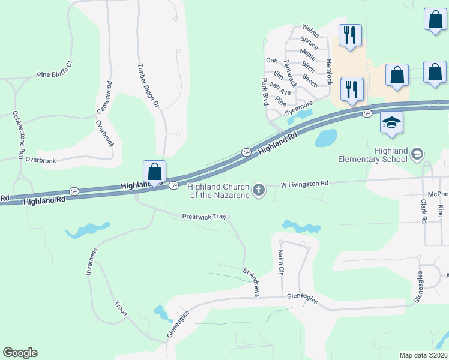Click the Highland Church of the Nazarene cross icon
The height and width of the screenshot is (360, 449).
pyautogui.click(x=259, y=191)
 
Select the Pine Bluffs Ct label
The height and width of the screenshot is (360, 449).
pyautogui.click(x=54, y=70)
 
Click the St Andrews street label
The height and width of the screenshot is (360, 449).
pyautogui.click(x=251, y=282)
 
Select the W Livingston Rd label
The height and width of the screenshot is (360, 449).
pyautogui.click(x=300, y=184)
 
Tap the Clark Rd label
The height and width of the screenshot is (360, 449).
pyautogui.click(x=423, y=212)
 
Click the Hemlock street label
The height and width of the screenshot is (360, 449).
pyautogui.click(x=328, y=71)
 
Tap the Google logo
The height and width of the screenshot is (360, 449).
pyautogui.click(x=20, y=353)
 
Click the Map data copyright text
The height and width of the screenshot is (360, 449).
pyautogui.click(x=424, y=355)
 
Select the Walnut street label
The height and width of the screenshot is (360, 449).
pyautogui.click(x=310, y=28)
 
